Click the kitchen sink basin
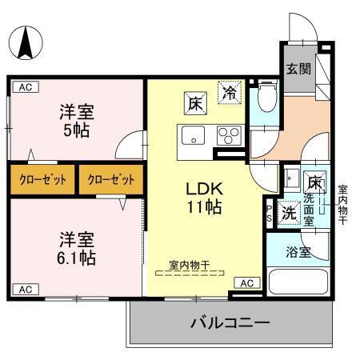(193, 135)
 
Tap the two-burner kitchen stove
(229, 135)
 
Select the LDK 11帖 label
(204, 197)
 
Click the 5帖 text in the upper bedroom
(77, 127)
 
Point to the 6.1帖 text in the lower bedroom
(78, 258)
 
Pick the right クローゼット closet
(111, 179)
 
